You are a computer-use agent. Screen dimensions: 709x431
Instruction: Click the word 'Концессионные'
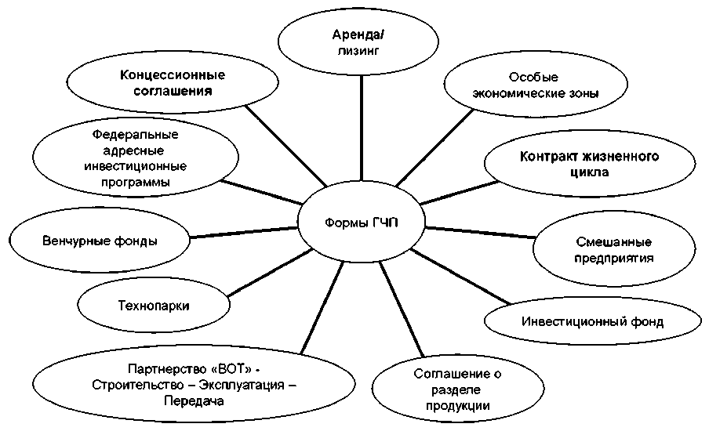click(x=173, y=75)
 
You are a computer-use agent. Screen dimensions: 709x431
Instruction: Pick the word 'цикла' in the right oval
click(x=589, y=172)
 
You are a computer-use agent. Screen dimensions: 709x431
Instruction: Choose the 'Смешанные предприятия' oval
click(x=614, y=249)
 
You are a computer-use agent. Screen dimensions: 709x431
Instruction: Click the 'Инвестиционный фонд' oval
click(x=592, y=321)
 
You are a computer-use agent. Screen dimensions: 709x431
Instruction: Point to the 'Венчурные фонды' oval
click(x=99, y=241)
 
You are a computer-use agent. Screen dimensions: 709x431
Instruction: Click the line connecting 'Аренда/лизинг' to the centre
click(x=362, y=125)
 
